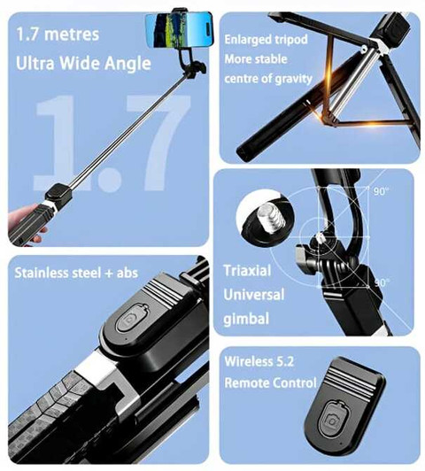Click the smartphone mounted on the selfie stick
(x=179, y=29)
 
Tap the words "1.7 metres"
(x=58, y=34)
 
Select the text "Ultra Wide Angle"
(x=83, y=64)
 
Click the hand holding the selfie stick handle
(x=27, y=220)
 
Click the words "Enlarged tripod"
(x=267, y=39)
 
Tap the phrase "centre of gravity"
(x=268, y=79)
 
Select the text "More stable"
(x=256, y=59)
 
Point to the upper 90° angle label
(x=381, y=191)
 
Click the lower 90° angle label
(x=382, y=282)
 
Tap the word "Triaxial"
(x=247, y=271)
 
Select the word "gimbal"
(x=246, y=319)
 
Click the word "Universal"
(x=254, y=295)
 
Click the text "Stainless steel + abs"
(x=76, y=273)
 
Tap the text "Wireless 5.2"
(x=259, y=361)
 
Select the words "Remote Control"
(x=270, y=383)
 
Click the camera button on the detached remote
(x=332, y=421)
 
